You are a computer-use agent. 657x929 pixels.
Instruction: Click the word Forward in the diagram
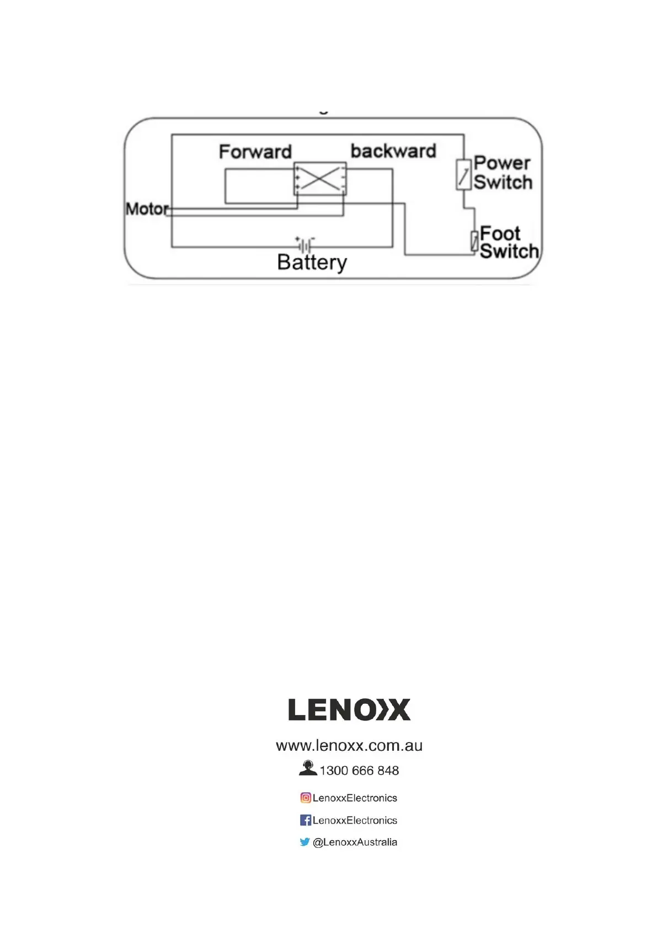[255, 152]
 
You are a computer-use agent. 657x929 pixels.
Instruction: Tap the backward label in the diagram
[393, 151]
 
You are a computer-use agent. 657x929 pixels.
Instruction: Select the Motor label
[147, 209]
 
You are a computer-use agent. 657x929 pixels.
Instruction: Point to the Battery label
[312, 262]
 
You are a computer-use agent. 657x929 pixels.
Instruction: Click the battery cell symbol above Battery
[305, 244]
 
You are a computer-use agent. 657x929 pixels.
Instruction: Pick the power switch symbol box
[463, 174]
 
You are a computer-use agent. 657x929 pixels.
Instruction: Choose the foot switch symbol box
[474, 241]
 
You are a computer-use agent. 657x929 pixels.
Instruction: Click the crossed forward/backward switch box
[320, 178]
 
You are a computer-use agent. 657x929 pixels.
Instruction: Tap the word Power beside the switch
[501, 163]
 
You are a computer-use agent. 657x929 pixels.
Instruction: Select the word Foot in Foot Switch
[500, 233]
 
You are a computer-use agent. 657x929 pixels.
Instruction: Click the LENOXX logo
[349, 709]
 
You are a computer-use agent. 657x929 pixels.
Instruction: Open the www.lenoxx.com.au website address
[349, 746]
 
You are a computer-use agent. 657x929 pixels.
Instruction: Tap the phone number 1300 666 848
[359, 771]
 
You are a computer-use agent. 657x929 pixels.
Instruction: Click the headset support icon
[308, 768]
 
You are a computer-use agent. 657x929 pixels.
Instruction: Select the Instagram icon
[306, 798]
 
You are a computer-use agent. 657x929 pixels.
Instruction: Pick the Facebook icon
[306, 820]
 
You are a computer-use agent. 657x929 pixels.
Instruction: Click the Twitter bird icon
[305, 842]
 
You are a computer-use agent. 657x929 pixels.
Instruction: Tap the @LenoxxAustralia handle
[355, 842]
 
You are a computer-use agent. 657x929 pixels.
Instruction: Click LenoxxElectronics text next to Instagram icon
[355, 798]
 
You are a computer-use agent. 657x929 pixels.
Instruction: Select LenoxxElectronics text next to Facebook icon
[355, 820]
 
